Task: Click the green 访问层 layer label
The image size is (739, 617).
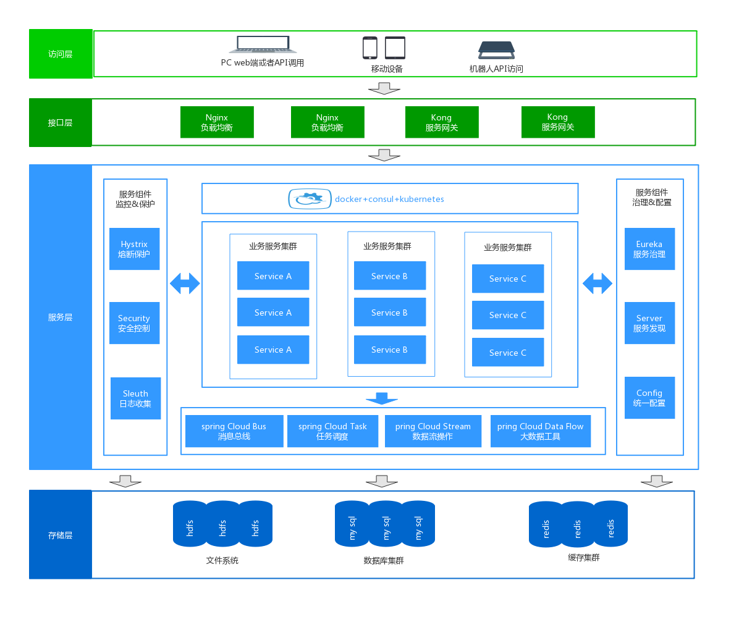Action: pyautogui.click(x=61, y=54)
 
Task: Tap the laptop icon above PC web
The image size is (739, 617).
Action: pyautogui.click(x=263, y=44)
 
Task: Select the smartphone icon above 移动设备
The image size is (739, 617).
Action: pyautogui.click(x=369, y=48)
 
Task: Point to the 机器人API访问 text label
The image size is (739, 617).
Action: pyautogui.click(x=496, y=69)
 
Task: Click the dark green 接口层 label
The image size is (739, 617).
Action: pyautogui.click(x=61, y=123)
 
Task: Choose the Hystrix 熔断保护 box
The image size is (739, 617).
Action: pyautogui.click(x=135, y=249)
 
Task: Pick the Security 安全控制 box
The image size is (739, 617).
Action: pyautogui.click(x=135, y=323)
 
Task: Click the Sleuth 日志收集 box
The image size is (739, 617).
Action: pyautogui.click(x=135, y=398)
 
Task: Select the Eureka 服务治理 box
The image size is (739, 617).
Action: pyautogui.click(x=649, y=249)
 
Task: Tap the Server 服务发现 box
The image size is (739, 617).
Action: pyautogui.click(x=649, y=323)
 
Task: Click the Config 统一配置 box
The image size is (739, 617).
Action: pyautogui.click(x=649, y=398)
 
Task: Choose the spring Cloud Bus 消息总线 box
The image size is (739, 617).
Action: pyautogui.click(x=234, y=431)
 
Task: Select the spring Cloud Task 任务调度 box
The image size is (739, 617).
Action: pyautogui.click(x=332, y=431)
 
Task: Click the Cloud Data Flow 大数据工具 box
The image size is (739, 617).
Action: pyautogui.click(x=541, y=431)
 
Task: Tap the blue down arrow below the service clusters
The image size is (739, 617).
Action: pyautogui.click(x=382, y=398)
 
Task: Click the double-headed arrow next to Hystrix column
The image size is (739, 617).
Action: pyautogui.click(x=185, y=283)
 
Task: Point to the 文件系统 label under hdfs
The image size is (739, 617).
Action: pyautogui.click(x=222, y=561)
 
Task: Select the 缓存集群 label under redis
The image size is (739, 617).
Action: pyautogui.click(x=584, y=558)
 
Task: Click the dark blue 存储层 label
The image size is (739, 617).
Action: pyautogui.click(x=61, y=535)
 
